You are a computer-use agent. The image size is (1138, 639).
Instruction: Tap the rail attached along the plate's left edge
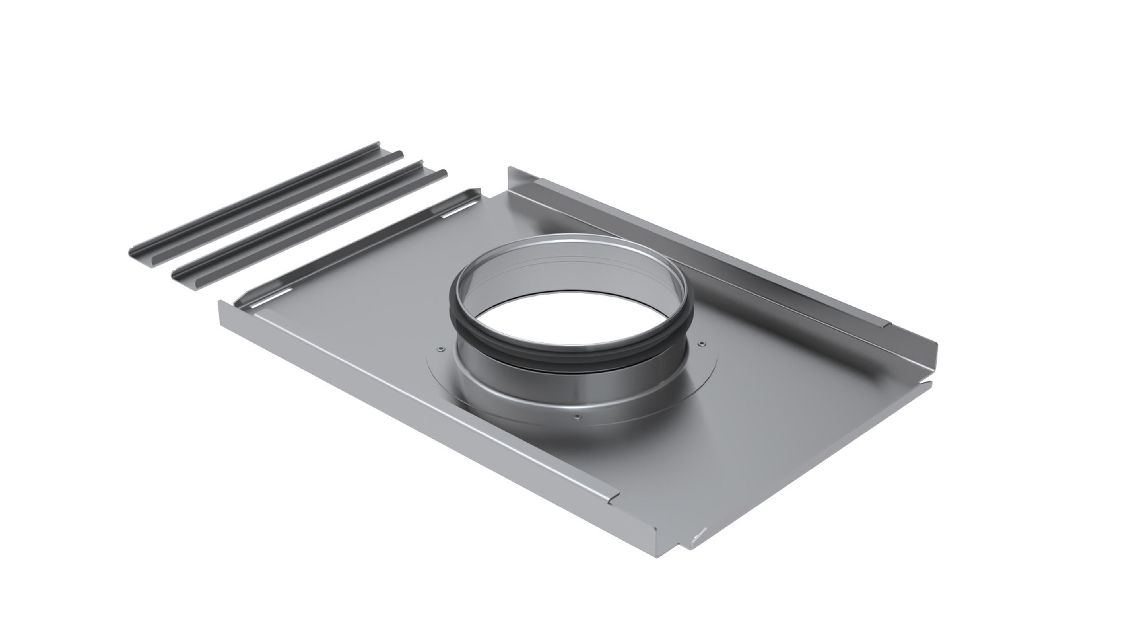point(353,247)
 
